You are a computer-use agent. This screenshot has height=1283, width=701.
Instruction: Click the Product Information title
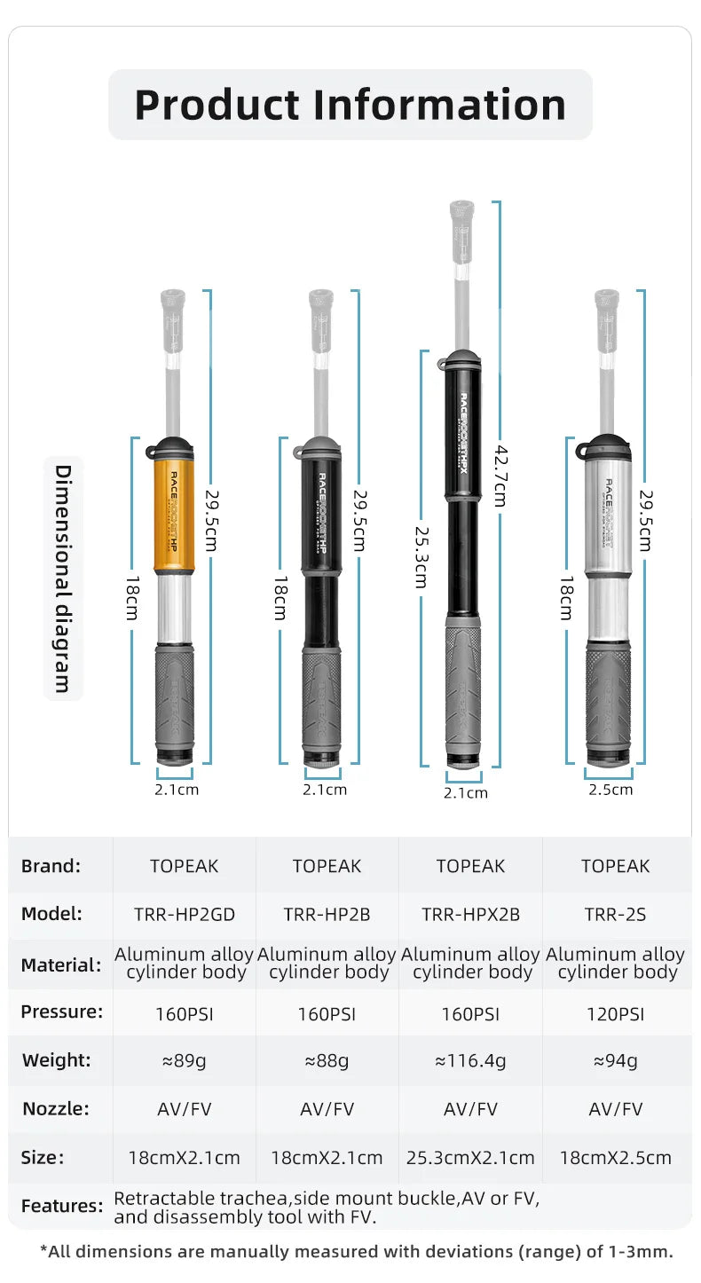pos(350,105)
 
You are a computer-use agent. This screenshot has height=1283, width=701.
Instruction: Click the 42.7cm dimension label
pos(500,476)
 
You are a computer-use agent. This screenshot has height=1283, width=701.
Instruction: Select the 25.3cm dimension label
pos(420,555)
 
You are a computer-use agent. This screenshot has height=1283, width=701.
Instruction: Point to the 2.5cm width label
pos(610,790)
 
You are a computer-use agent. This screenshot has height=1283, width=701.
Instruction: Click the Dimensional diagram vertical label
pos(63,577)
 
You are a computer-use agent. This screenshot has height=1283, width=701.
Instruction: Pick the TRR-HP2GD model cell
pos(184,914)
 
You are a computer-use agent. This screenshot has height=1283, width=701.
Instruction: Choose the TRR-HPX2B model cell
pos(470,914)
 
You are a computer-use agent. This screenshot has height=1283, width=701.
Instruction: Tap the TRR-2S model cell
pos(615,914)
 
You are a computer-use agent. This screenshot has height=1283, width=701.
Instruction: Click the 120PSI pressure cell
pos(615,1013)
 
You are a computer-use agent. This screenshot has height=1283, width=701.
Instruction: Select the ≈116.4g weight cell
pos(470,1060)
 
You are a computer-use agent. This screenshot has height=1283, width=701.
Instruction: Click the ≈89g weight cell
pos(184,1060)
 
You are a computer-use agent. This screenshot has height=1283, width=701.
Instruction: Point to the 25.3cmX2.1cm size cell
pos(470,1157)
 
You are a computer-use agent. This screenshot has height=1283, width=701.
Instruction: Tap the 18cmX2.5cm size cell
pos(615,1157)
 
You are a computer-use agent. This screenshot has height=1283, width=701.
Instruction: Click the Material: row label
pos(61,964)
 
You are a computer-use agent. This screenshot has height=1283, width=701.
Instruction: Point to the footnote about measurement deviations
pos(356,1252)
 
